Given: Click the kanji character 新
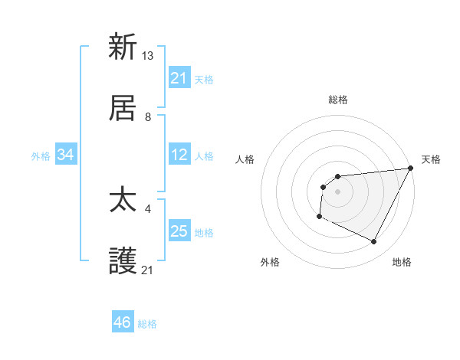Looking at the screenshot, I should (123, 47).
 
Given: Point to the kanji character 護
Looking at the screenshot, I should (123, 262).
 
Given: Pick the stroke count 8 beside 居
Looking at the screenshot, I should (148, 116).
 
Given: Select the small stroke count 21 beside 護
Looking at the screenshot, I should (148, 270).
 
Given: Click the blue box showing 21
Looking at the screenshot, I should (179, 78).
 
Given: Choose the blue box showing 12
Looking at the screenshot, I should (179, 155).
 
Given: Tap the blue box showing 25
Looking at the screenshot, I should (179, 231).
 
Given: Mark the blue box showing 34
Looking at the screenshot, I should (66, 155).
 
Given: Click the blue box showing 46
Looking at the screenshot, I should (123, 322).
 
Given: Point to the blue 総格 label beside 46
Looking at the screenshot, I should (147, 324).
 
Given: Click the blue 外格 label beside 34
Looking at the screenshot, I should (41, 156).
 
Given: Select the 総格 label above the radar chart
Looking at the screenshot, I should (338, 100).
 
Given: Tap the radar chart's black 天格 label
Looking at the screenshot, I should (431, 159).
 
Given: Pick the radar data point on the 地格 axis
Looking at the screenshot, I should (374, 242).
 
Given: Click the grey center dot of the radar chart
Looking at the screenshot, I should (337, 191).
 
